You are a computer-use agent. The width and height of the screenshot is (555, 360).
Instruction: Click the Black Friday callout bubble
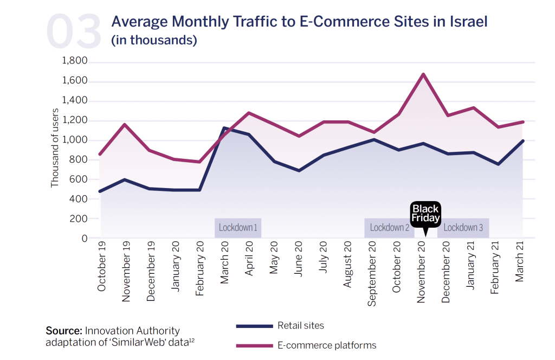tap(425, 214)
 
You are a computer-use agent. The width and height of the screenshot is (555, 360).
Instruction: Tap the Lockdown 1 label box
tap(238, 228)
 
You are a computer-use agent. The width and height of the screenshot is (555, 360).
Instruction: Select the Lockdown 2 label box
tap(389, 228)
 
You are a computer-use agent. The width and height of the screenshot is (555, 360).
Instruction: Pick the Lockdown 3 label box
tap(463, 228)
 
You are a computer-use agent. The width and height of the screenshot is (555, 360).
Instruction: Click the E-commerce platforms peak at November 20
tap(423, 74)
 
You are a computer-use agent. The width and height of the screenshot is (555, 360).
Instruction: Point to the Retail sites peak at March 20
tap(223, 128)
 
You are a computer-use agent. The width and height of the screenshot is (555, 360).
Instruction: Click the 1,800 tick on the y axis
tap(75, 61)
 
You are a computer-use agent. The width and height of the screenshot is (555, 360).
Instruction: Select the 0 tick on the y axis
tap(84, 239)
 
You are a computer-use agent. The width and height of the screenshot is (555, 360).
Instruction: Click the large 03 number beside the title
tap(74, 31)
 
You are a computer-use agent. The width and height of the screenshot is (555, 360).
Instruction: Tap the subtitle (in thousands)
tap(154, 40)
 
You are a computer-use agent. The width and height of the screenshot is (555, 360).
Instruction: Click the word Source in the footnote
tap(63, 331)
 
